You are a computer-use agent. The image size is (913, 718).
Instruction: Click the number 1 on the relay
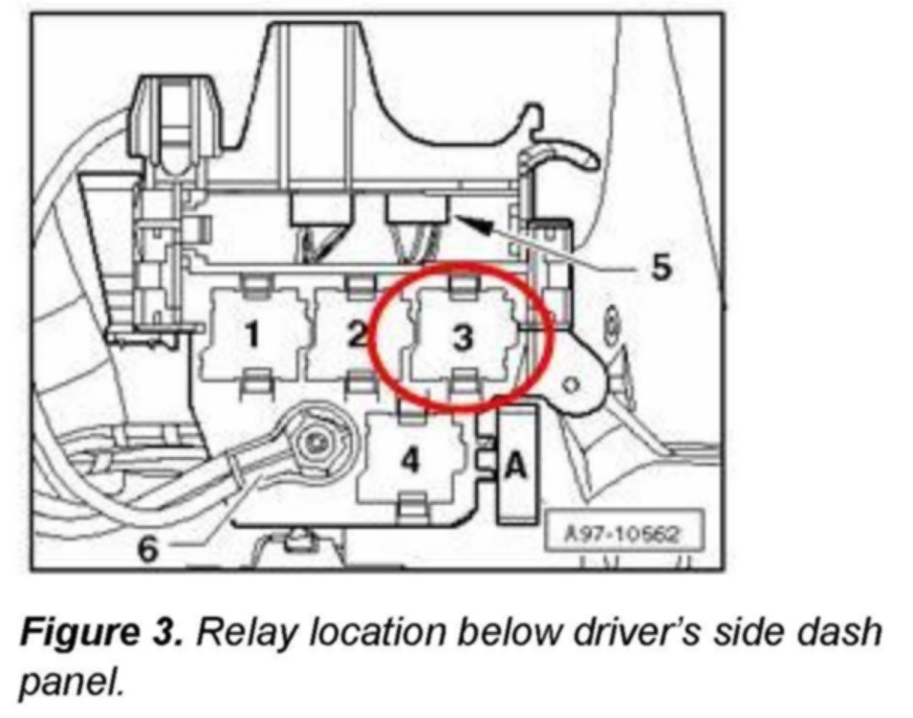pos(251,336)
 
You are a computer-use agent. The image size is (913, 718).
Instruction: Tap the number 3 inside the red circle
pos(462,337)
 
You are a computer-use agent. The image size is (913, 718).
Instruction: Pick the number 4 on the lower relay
pos(410,460)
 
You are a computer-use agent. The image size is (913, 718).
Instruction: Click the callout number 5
pos(661,269)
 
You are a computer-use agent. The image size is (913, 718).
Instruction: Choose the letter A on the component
pos(514,466)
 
